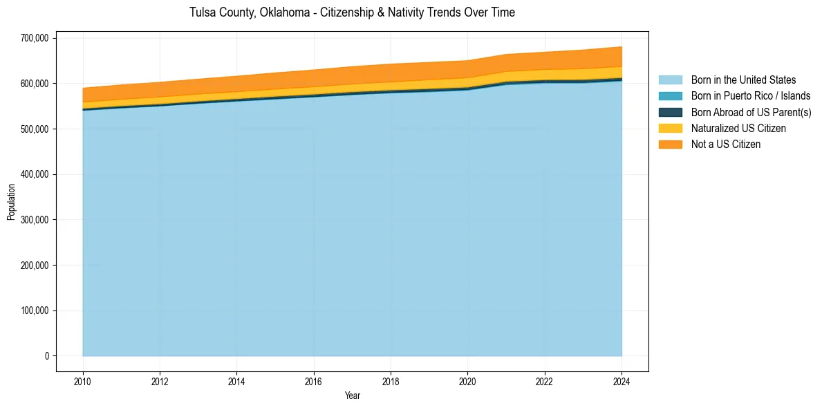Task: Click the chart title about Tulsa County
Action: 352,12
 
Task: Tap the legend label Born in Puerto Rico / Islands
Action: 751,96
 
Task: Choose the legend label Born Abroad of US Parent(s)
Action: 751,112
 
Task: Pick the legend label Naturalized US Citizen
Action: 738,129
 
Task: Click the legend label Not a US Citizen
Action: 725,145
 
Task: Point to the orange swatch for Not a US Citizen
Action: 670,145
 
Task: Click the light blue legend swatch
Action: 670,80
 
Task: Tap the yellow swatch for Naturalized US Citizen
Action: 670,129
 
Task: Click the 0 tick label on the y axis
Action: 46,356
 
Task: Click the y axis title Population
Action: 11,201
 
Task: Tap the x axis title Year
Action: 352,396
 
